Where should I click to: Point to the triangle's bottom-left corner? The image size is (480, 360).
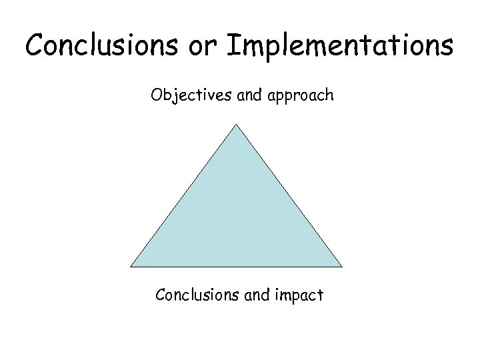click(131, 267)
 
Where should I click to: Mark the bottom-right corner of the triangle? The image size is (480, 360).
click(342, 267)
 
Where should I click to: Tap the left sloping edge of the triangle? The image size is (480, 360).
click(184, 195)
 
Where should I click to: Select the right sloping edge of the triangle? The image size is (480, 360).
click(289, 195)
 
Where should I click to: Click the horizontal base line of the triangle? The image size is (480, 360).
click(237, 267)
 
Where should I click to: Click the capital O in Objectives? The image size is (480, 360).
click(157, 95)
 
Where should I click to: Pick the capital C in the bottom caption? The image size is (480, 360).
click(160, 293)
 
